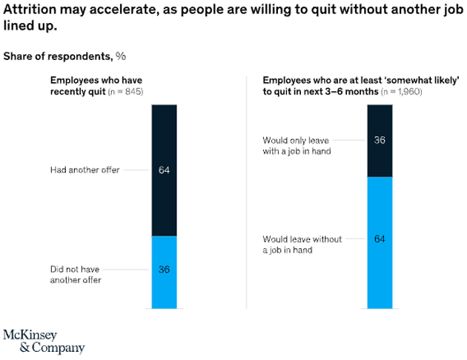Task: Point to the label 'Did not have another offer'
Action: click(76, 275)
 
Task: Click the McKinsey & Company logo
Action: click(44, 340)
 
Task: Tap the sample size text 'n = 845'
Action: click(125, 91)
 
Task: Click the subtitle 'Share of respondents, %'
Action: click(64, 56)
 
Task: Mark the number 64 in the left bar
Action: click(164, 170)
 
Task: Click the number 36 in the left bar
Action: click(164, 269)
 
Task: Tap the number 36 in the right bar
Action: click(380, 141)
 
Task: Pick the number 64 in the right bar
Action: click(380, 239)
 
